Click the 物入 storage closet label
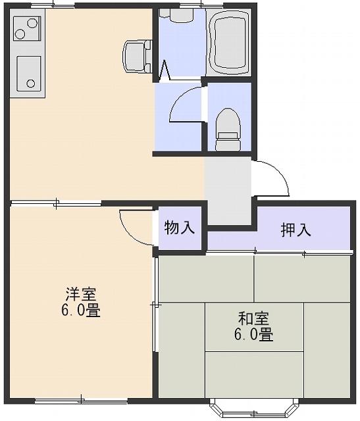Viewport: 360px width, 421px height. [179, 228]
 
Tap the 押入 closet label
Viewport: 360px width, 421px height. [296, 230]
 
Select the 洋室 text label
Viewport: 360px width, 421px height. [81, 294]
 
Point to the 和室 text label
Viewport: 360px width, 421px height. [253, 318]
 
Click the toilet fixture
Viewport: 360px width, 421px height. [228, 130]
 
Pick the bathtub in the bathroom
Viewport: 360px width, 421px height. [228, 43]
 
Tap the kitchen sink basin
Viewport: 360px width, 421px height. [29, 74]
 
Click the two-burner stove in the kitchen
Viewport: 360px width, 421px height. [27, 28]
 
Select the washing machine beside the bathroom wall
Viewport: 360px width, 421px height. [138, 57]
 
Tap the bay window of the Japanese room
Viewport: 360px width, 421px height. [254, 407]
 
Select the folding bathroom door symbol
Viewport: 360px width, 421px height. [165, 70]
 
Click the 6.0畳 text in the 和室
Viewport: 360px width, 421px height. [253, 335]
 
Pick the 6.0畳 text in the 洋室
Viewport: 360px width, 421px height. [81, 310]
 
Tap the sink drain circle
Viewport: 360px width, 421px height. [31, 84]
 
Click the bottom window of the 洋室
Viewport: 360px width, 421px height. [81, 401]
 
